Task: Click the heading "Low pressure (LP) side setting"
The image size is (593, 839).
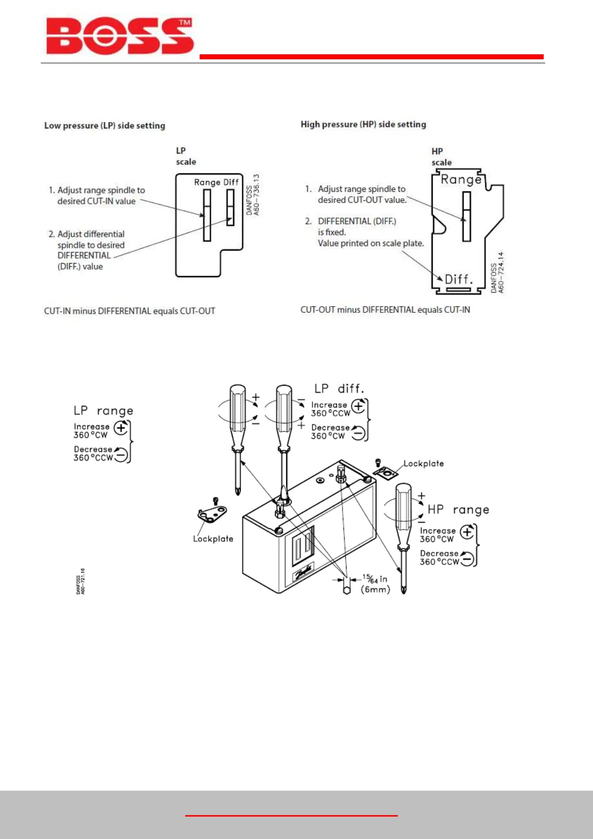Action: pyautogui.click(x=105, y=126)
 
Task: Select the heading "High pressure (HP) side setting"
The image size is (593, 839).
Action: pyautogui.click(x=363, y=125)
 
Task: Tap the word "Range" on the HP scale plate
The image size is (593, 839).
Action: pyautogui.click(x=461, y=179)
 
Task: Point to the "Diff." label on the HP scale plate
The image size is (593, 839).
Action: pyautogui.click(x=458, y=279)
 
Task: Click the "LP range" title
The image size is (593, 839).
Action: pyautogui.click(x=104, y=411)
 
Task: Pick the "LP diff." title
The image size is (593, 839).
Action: pyautogui.click(x=339, y=389)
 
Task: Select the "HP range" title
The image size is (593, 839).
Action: pyautogui.click(x=458, y=510)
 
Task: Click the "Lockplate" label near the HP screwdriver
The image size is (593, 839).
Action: pyautogui.click(x=423, y=464)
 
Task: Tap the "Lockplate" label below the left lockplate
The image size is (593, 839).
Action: pyautogui.click(x=213, y=539)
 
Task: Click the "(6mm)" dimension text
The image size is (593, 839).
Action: pyautogui.click(x=375, y=590)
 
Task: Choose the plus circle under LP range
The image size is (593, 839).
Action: pyautogui.click(x=121, y=427)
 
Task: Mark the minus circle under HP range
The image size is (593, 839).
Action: pyautogui.click(x=467, y=559)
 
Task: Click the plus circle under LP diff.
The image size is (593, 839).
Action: pyautogui.click(x=358, y=406)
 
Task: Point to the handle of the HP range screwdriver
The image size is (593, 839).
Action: pyautogui.click(x=403, y=513)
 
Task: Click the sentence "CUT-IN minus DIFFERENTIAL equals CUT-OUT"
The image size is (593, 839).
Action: pyautogui.click(x=129, y=311)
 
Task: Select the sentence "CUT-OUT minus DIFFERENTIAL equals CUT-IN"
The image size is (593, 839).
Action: pyautogui.click(x=385, y=310)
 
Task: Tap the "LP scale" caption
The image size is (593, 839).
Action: pyautogui.click(x=185, y=156)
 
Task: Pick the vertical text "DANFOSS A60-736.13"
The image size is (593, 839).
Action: pyautogui.click(x=253, y=195)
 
